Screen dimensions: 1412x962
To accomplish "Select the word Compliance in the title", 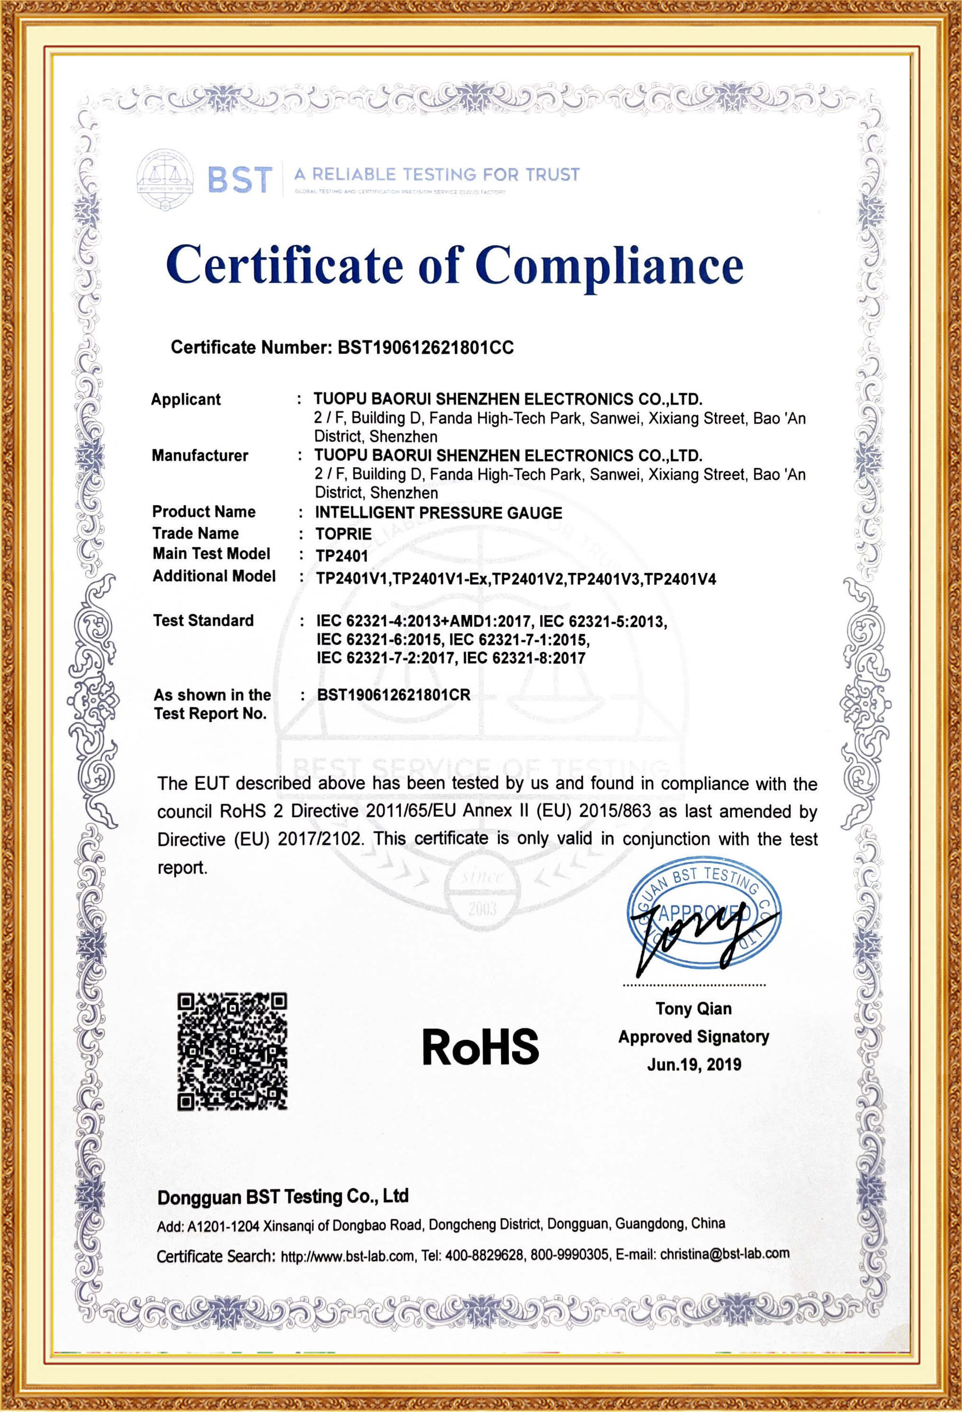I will pos(609,265).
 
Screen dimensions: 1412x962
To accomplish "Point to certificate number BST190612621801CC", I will pos(425,347).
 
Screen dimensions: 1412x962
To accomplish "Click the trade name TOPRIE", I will pos(343,534).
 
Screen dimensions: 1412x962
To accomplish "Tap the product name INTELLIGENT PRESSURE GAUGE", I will pos(438,513).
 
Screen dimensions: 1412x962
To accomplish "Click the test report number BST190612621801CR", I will pos(394,695).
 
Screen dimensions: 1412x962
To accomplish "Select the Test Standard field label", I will pos(203,620).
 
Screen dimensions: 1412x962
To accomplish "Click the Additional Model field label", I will pos(214,576).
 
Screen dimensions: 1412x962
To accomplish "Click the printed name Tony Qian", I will pos(693,1009).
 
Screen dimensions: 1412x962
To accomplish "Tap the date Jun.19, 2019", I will pos(694,1064).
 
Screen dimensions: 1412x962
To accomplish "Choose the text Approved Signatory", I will pos(693,1037).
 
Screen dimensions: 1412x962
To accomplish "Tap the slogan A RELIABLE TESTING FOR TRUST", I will pos(436,175).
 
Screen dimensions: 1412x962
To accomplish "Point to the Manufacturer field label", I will pos(200,456).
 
